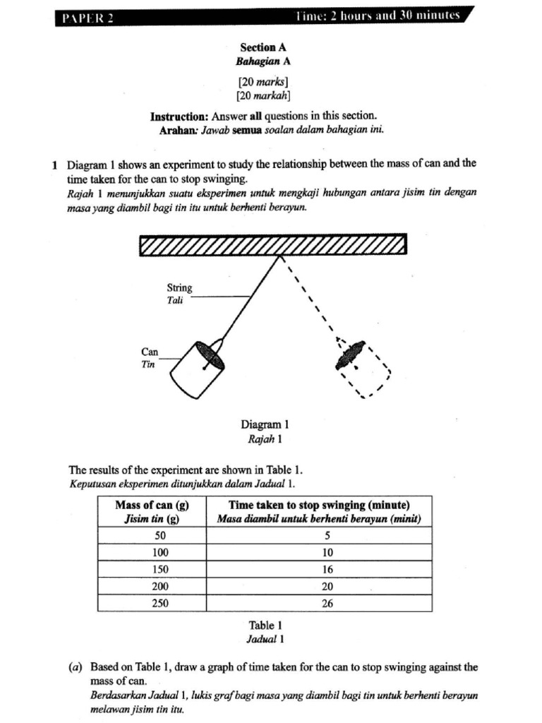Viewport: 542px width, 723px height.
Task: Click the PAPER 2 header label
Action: [84, 17]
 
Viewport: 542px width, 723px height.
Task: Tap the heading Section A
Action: [263, 47]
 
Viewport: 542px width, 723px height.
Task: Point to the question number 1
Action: [54, 164]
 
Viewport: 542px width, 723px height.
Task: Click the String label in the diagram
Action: [179, 288]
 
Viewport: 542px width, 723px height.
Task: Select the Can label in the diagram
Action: [150, 352]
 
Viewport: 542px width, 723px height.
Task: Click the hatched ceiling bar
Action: [273, 244]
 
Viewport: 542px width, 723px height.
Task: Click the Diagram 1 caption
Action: [265, 425]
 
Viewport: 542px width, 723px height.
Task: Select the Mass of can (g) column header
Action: [152, 506]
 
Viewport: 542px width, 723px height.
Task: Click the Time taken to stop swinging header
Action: [319, 506]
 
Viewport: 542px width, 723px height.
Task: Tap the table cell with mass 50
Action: [152, 535]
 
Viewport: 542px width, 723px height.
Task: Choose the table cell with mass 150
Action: [152, 569]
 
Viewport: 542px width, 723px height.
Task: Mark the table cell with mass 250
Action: [152, 604]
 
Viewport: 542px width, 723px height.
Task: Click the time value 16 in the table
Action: [327, 569]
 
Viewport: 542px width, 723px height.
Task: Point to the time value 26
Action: [327, 604]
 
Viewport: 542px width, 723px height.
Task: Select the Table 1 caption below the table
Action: [265, 626]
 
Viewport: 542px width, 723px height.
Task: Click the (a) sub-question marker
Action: [76, 667]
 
